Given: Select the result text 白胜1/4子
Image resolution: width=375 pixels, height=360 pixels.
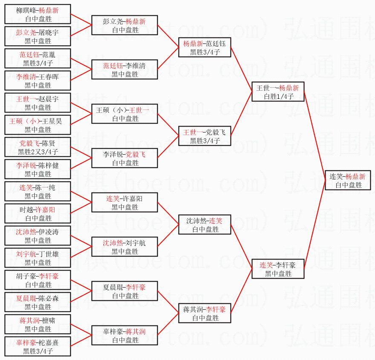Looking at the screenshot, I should pyautogui.click(x=278, y=96).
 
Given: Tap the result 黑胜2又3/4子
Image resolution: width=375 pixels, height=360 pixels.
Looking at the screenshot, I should pyautogui.click(x=37, y=152).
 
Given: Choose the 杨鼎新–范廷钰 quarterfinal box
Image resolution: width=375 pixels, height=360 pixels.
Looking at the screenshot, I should pyautogui.click(x=205, y=48).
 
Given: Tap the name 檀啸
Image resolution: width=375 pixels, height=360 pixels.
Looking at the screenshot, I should pyautogui.click(x=49, y=320).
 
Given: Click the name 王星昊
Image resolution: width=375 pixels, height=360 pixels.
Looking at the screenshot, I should pyautogui.click(x=52, y=121).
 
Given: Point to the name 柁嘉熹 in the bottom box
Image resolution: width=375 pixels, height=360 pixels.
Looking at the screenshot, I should pyautogui.click(x=49, y=343).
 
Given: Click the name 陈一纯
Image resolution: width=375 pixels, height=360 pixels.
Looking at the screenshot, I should pyautogui.click(x=45, y=187).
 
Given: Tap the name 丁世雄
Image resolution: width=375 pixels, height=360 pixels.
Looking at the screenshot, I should pyautogui.click(x=49, y=254).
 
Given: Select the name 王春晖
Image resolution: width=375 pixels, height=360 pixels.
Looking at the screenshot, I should pyautogui.click(x=49, y=77).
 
